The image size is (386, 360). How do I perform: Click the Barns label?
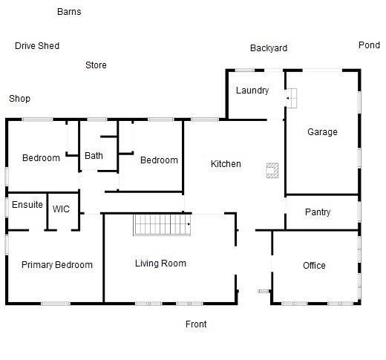coord(69,12)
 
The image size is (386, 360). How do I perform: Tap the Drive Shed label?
coord(37,46)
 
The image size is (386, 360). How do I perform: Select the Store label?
coord(96,65)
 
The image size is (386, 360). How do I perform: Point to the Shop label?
coord(19,99)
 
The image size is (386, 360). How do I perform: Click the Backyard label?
coord(268,48)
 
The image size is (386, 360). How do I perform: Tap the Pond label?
coord(369,45)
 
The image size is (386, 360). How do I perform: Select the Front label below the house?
coord(196,324)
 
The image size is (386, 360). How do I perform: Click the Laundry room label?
coord(252,91)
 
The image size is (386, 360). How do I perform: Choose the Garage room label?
coord(322,132)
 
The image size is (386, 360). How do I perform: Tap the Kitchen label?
coord(226,163)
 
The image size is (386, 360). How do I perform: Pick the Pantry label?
coord(318,212)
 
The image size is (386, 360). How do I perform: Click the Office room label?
coord(314,265)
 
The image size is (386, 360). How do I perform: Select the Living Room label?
coord(160,264)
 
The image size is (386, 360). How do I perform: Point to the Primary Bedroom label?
coord(57,265)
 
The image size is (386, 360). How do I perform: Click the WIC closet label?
coord(61,209)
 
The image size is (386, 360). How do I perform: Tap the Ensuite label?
coord(27,205)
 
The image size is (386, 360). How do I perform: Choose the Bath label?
coord(94,156)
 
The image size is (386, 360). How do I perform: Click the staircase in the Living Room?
coord(161,224)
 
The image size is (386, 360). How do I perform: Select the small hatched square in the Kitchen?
coord(272,170)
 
